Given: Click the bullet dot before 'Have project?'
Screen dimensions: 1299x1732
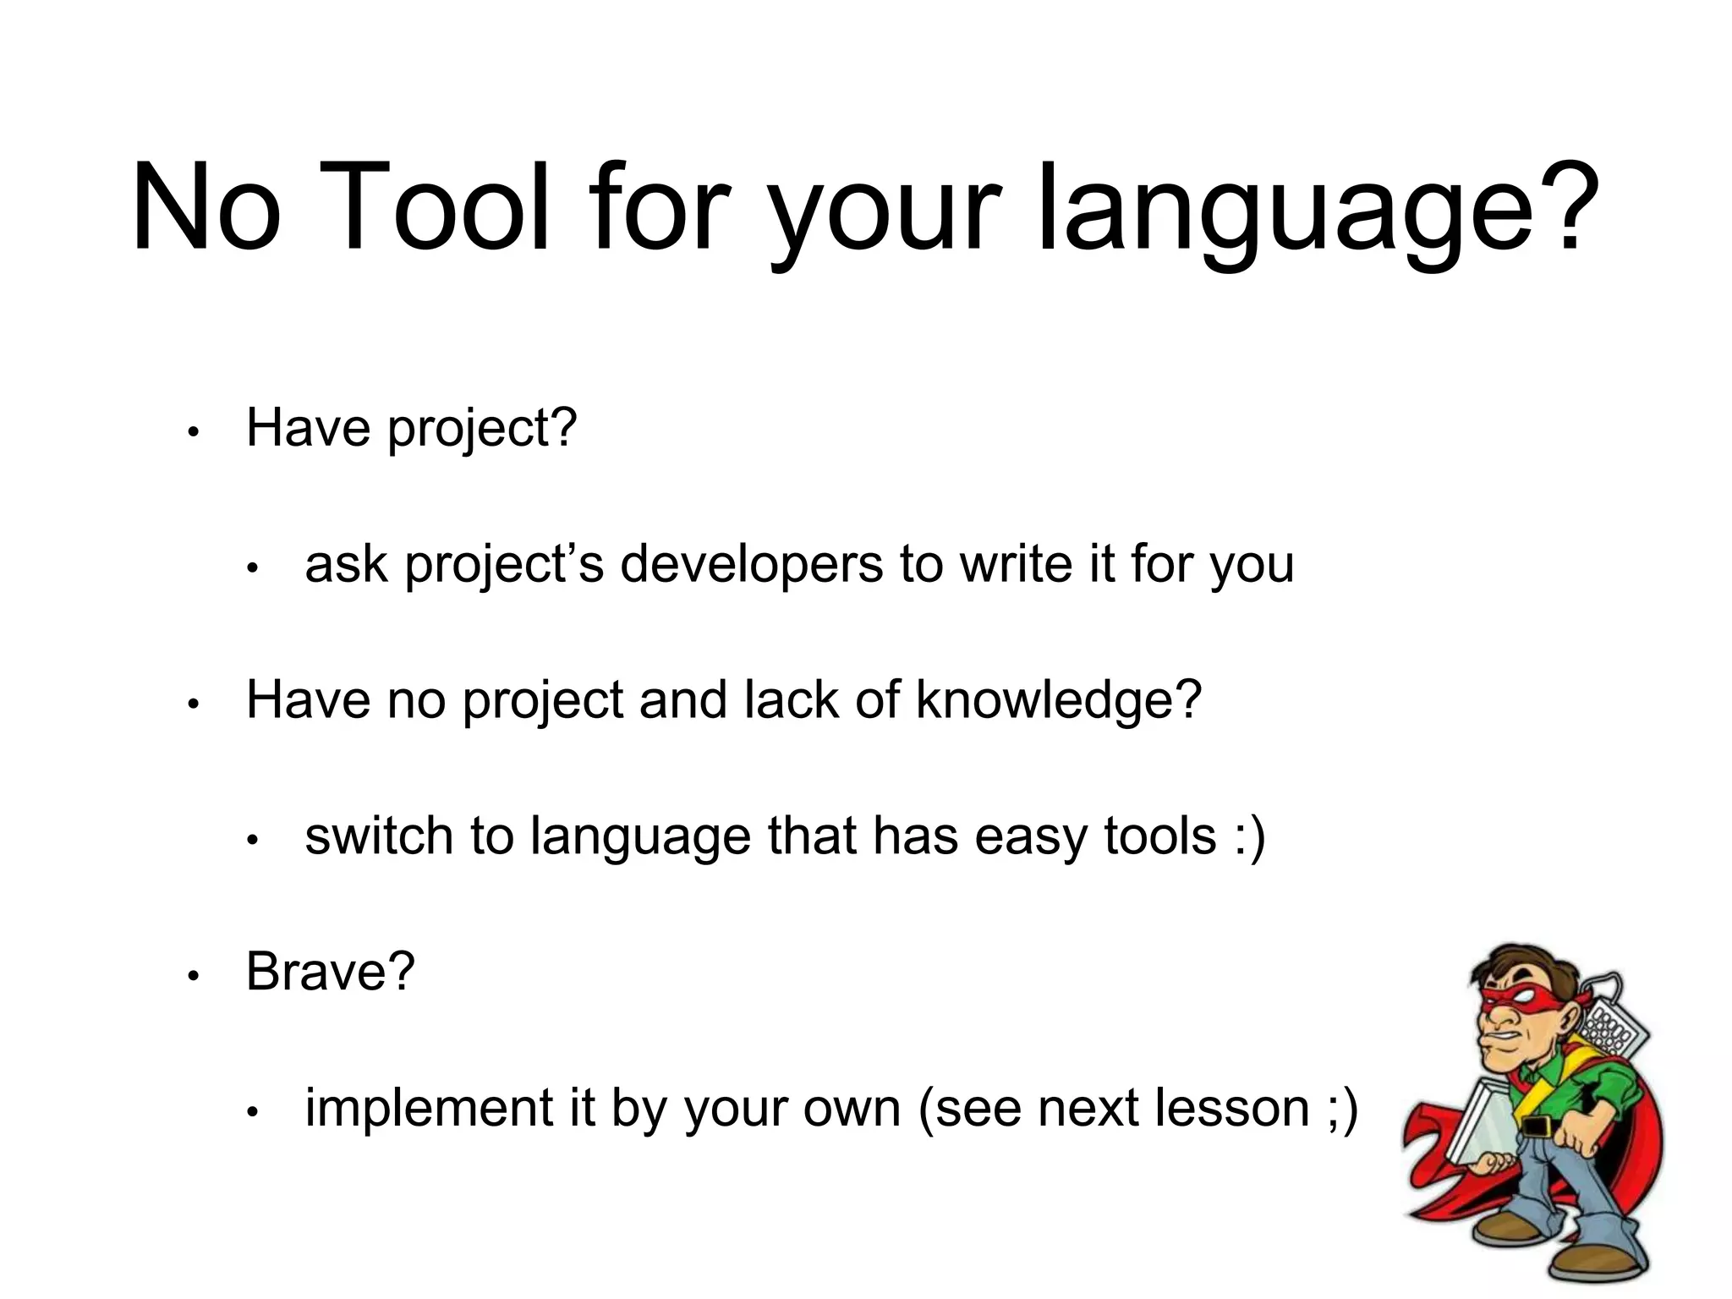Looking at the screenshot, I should tap(193, 432).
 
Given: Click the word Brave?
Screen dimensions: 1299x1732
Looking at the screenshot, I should tap(330, 972).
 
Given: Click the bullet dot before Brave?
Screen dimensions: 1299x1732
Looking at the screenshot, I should tap(193, 976).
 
